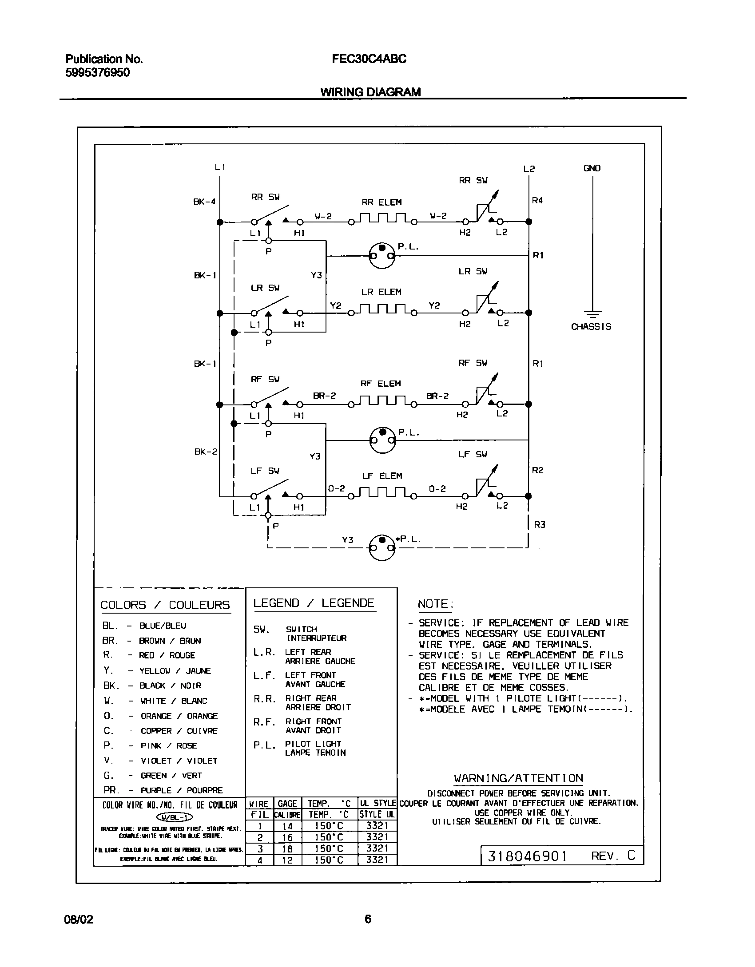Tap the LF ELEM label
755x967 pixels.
382,476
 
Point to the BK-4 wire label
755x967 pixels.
204,202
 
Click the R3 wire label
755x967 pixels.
539,525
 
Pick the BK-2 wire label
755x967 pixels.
206,452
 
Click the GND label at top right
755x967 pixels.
592,168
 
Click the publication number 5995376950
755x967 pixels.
98,73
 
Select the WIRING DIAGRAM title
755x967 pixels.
370,92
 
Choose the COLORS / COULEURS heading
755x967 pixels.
165,605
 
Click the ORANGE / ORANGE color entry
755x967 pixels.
179,716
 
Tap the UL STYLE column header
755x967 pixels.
377,803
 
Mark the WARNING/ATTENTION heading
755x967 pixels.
518,778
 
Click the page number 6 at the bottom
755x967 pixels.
368,919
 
